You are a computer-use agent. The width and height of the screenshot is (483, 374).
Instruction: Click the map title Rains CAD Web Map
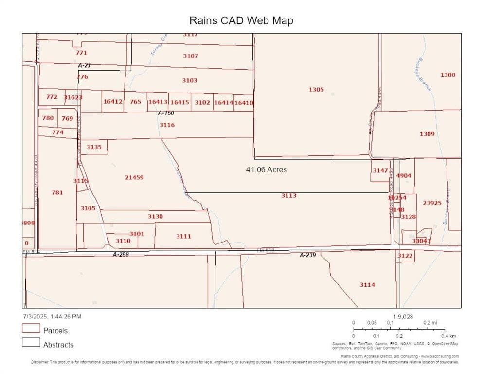point(241,20)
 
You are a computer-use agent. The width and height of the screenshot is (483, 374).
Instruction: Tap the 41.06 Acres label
point(266,170)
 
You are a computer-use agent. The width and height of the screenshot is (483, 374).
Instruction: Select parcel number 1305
point(316,89)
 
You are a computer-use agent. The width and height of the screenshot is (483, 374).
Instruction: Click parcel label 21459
point(134,177)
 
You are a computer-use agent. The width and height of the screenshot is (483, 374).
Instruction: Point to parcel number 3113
point(288,195)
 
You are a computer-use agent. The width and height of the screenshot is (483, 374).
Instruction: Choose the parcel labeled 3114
point(367,284)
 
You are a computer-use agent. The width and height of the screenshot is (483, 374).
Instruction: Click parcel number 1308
point(448,75)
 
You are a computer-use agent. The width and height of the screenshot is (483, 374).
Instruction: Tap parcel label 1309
point(427,133)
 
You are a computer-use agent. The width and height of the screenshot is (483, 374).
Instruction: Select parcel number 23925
point(432,203)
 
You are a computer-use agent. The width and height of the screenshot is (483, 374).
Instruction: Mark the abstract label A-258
point(121,254)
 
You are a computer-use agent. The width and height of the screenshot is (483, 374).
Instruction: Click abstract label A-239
point(307,255)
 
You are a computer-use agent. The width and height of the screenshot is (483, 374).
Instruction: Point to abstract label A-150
point(166,113)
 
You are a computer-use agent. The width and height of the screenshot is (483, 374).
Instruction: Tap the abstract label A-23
point(84,65)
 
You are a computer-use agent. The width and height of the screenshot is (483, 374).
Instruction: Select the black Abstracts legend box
point(31,342)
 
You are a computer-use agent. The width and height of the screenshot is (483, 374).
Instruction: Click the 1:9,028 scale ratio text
point(403,316)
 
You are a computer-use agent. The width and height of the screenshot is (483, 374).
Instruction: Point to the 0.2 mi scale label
point(430,323)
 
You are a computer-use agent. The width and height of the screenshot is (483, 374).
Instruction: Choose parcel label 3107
point(191,56)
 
